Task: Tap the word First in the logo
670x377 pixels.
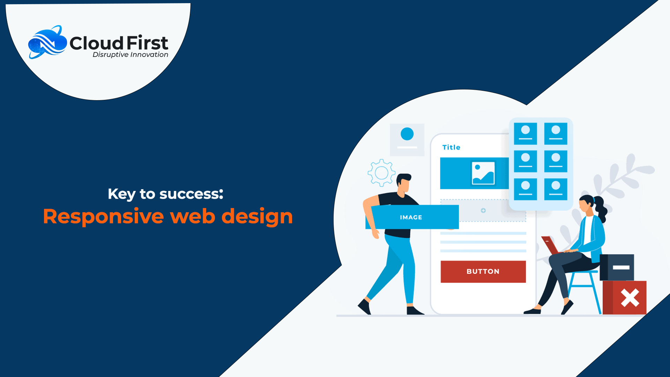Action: (x=147, y=43)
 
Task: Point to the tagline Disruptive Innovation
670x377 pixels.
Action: (x=130, y=54)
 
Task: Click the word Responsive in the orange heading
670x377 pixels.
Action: (x=103, y=216)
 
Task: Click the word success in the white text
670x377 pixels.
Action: (x=191, y=194)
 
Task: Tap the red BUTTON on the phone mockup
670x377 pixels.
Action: (x=483, y=272)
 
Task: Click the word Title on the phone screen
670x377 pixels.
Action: (x=451, y=147)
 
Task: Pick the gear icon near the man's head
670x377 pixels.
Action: (x=381, y=173)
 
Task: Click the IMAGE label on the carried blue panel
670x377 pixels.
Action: (x=411, y=217)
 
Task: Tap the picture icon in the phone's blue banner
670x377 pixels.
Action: (x=483, y=173)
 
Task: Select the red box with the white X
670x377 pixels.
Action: (x=625, y=298)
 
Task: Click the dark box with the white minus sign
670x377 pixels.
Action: (x=617, y=267)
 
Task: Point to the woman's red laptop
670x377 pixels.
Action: (x=551, y=245)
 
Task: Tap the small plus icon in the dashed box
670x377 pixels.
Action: (x=483, y=210)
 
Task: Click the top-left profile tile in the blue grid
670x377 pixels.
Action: (x=526, y=134)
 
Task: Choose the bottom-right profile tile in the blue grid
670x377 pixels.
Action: (x=556, y=189)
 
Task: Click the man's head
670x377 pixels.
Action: (x=404, y=183)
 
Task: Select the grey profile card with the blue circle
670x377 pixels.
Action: (x=407, y=140)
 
